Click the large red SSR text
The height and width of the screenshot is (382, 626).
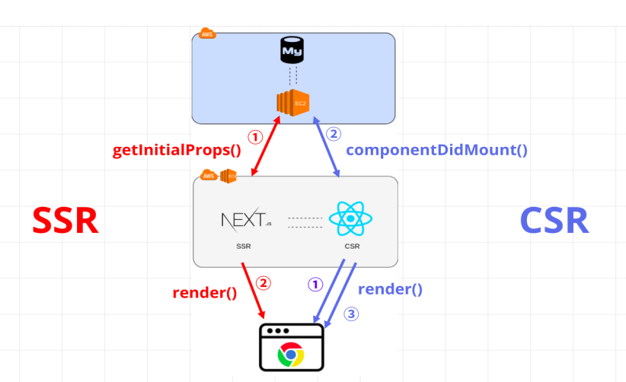[x=65, y=221]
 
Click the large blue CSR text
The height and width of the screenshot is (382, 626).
[x=554, y=221]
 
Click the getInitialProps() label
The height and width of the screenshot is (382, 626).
[x=177, y=150]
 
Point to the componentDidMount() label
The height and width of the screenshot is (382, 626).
[x=436, y=150]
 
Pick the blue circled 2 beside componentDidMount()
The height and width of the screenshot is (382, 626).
[x=334, y=134]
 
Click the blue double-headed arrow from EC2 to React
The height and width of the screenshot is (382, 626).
[x=327, y=151]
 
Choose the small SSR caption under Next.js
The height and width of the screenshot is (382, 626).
[x=244, y=247]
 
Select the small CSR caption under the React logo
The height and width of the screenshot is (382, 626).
[x=352, y=247]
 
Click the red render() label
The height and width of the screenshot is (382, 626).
[x=204, y=293]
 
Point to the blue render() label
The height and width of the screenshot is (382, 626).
[x=390, y=289]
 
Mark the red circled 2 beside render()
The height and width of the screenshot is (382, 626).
[x=263, y=283]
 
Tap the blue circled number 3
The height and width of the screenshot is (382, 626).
[x=350, y=313]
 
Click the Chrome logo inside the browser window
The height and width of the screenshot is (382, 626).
[x=291, y=354]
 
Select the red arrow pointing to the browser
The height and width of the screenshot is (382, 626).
[x=254, y=291]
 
